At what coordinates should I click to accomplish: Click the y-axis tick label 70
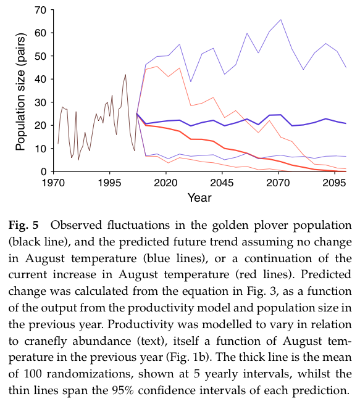click(40, 10)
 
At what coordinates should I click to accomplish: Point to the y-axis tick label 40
click(40, 80)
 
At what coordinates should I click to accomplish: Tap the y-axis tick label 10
click(40, 149)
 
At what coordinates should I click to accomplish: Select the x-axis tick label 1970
click(53, 183)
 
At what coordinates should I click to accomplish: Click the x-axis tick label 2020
click(165, 183)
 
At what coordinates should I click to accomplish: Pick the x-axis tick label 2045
click(222, 183)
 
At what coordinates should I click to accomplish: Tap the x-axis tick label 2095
click(334, 183)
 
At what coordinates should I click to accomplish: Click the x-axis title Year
click(199, 198)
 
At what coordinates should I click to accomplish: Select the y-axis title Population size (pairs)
click(20, 92)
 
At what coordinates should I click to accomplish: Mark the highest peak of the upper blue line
click(280, 19)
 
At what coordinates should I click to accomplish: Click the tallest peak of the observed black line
click(125, 75)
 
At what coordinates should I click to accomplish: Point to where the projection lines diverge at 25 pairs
click(136, 113)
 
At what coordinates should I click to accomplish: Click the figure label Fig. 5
click(23, 225)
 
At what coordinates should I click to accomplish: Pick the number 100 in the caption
click(33, 374)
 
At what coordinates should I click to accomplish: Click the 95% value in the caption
click(123, 390)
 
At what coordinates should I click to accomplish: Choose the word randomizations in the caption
click(90, 374)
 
